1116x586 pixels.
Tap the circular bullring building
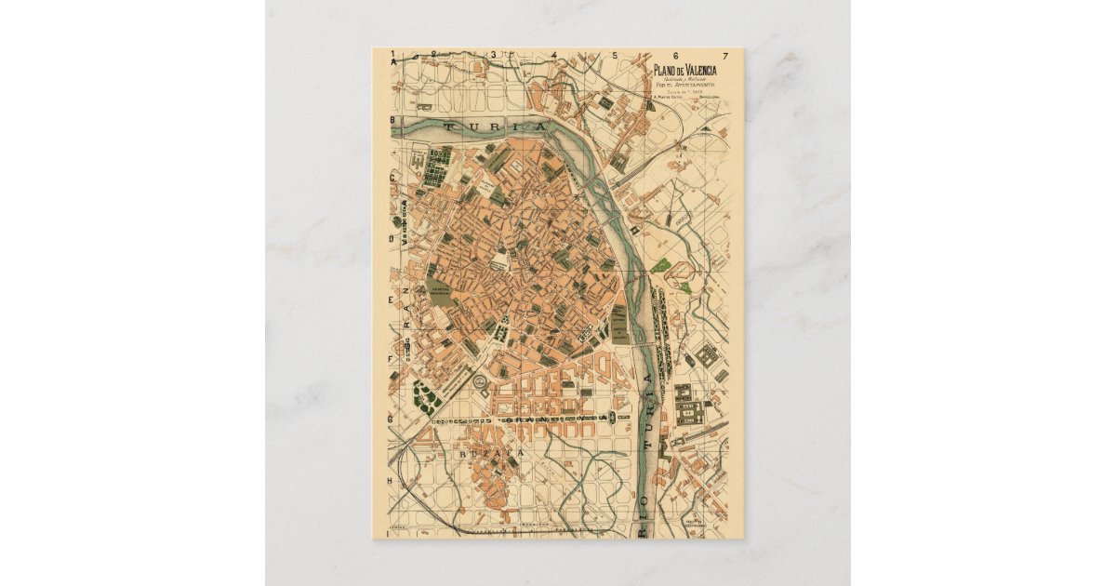(480, 380)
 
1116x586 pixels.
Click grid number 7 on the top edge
(724, 55)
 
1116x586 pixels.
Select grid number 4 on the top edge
(553, 55)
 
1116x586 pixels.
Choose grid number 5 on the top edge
(614, 55)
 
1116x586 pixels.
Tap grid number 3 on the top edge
(495, 55)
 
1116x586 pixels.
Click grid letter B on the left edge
(393, 120)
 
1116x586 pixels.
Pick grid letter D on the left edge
(393, 238)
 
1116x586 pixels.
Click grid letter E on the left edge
(393, 299)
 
